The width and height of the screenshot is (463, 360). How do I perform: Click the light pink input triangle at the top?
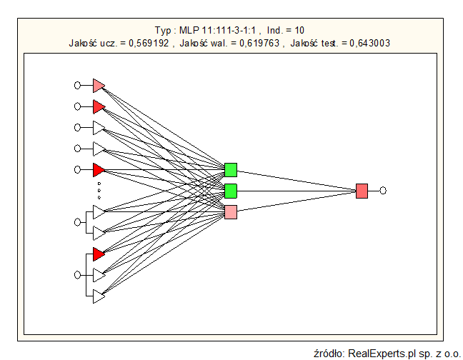[99, 86]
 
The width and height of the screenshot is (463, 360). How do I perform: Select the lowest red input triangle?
[99, 254]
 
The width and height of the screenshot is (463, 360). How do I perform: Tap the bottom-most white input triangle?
[99, 296]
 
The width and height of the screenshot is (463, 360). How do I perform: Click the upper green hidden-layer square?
[231, 170]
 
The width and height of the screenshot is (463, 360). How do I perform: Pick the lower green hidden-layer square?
[231, 191]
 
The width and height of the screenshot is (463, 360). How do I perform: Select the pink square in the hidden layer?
[231, 212]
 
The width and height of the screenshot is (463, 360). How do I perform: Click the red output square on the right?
[362, 191]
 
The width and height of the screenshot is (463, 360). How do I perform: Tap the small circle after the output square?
[384, 191]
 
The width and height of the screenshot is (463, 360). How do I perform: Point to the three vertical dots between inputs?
[99, 190]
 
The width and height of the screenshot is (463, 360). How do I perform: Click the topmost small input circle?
[77, 86]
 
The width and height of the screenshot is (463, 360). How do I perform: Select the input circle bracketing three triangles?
[77, 275]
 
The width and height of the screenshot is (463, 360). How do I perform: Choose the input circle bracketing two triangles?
[77, 222]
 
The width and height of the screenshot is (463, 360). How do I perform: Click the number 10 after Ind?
[299, 31]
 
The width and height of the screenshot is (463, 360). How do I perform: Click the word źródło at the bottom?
[329, 353]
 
